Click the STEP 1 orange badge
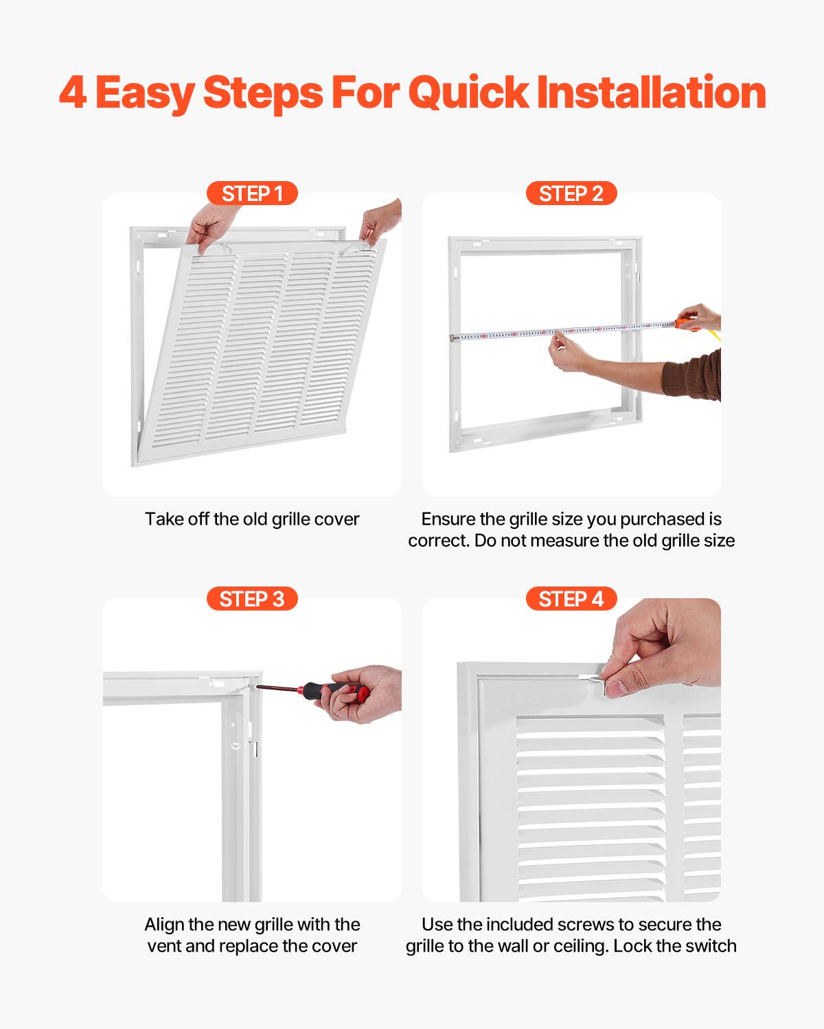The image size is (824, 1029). tap(252, 193)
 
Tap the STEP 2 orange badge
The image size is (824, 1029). tap(571, 193)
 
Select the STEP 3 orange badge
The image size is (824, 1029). tap(252, 599)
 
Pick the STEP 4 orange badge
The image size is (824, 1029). tap(571, 599)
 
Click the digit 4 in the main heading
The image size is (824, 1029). tap(73, 93)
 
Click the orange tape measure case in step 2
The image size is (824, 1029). tap(686, 323)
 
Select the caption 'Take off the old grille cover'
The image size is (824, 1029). tap(252, 519)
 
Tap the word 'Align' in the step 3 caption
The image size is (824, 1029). tap(164, 925)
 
